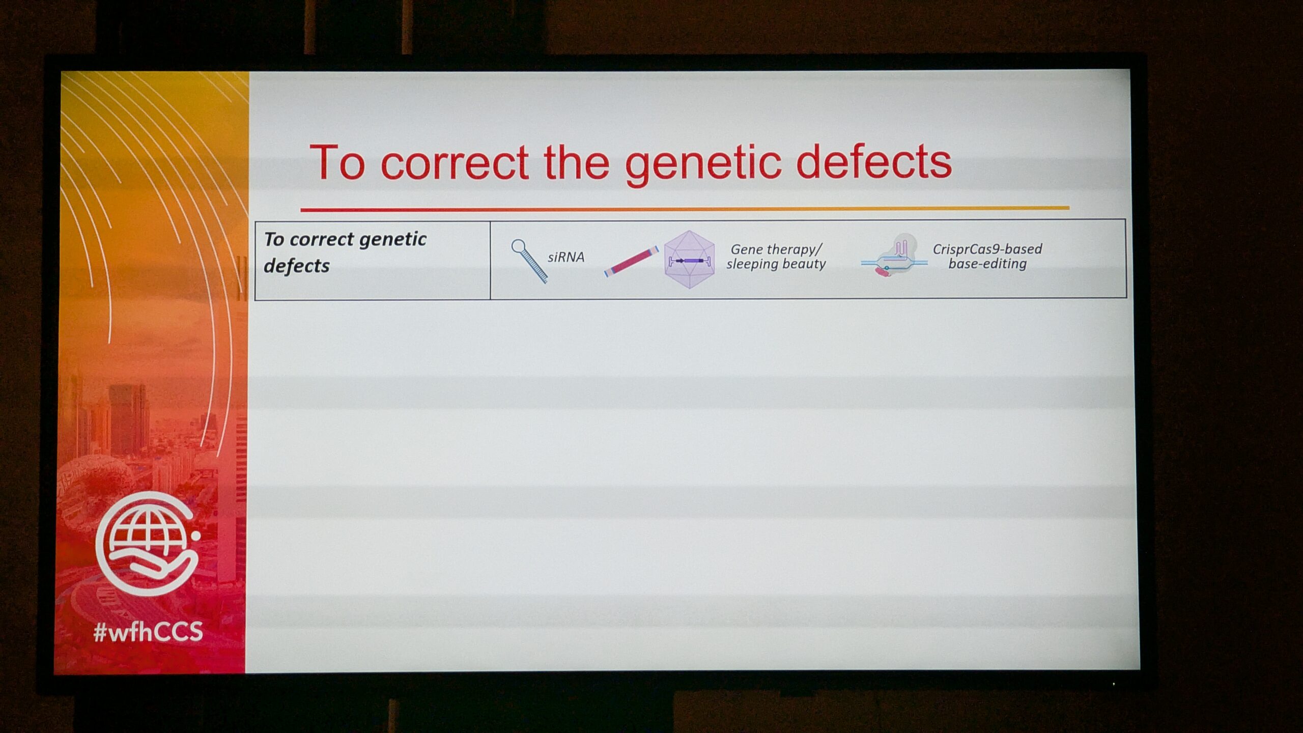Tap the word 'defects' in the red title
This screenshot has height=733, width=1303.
pos(874,161)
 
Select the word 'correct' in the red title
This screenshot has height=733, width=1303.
pos(455,163)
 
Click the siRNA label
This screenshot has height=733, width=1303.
pos(566,257)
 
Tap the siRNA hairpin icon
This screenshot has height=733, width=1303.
pos(529,261)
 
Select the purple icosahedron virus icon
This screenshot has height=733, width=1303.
pos(689,260)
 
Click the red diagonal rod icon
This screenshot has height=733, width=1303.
pos(631,261)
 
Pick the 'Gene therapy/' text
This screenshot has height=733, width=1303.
pos(777,249)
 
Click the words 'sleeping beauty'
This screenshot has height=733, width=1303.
pos(776,264)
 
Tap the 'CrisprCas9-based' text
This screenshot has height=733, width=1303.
pos(987,249)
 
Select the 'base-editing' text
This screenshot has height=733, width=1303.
pos(987,264)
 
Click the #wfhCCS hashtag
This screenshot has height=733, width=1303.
pos(148,632)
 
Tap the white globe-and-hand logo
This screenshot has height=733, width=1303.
pos(148,544)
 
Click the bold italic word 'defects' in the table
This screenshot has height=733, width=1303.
pos(297,266)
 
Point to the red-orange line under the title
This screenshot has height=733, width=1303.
pos(685,209)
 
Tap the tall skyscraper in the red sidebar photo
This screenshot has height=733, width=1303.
pos(128,419)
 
